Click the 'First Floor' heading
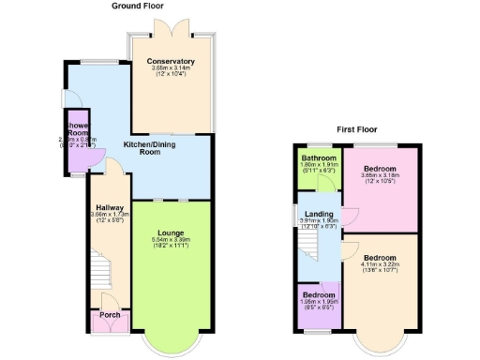click(x=359, y=129)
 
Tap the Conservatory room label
click(x=171, y=62)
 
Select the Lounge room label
click(x=171, y=232)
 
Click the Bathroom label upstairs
click(x=318, y=157)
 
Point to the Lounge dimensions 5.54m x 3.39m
click(x=171, y=240)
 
